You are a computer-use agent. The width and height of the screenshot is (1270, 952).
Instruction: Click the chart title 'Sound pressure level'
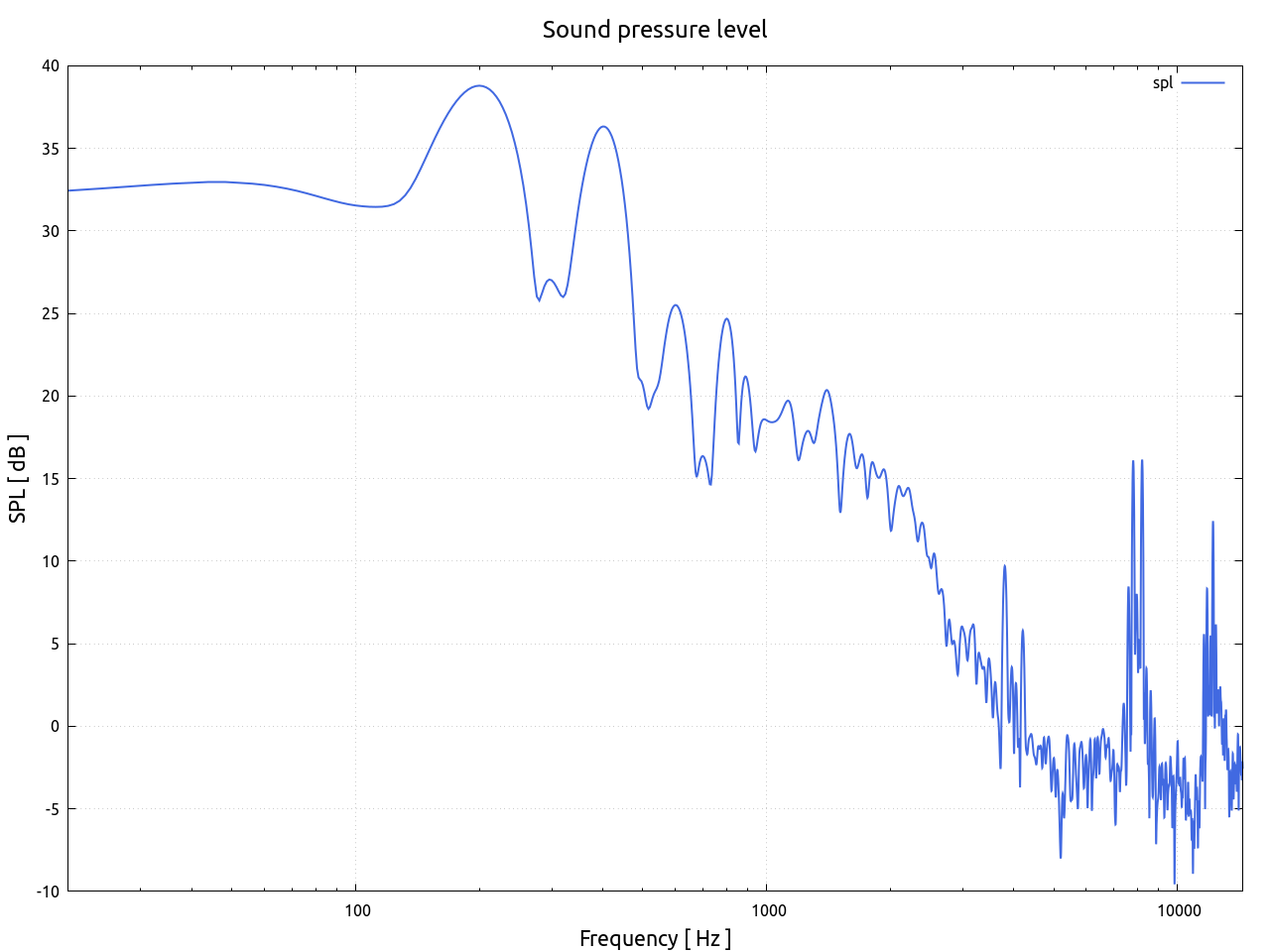point(655,30)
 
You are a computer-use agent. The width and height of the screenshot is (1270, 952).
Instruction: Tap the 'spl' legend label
point(1162,83)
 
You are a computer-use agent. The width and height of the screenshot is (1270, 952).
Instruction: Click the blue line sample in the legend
point(1203,83)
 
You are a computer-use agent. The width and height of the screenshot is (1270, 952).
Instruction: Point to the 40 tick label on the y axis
point(51,66)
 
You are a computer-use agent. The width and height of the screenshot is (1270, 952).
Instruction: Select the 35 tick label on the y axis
point(51,149)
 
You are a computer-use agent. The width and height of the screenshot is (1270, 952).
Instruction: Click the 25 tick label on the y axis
point(51,313)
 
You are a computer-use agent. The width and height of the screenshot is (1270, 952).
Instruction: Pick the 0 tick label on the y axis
point(55,726)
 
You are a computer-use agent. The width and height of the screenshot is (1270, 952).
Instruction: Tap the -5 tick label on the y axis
point(51,809)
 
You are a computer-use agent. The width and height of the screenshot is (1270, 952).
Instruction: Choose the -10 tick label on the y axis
point(48,892)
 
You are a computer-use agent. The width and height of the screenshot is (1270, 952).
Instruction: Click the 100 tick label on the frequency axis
point(356,910)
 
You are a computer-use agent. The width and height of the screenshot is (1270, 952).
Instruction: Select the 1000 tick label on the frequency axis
point(767,910)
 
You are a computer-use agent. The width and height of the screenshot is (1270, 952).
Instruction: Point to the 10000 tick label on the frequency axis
point(1177,910)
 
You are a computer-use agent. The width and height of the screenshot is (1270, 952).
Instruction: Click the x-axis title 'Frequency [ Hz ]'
point(655,938)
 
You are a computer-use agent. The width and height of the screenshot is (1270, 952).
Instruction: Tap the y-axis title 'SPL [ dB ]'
point(18,479)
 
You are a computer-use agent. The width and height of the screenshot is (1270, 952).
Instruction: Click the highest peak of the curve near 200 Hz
point(480,86)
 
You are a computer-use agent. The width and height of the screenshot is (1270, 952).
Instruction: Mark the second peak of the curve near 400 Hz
point(603,127)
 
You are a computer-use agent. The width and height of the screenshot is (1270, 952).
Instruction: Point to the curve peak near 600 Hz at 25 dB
point(676,305)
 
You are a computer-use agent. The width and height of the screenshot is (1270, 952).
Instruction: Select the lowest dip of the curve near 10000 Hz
point(1175,883)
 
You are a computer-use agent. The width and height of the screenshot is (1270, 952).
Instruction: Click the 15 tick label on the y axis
point(51,479)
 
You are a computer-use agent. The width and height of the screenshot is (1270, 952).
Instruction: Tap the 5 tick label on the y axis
point(55,644)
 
